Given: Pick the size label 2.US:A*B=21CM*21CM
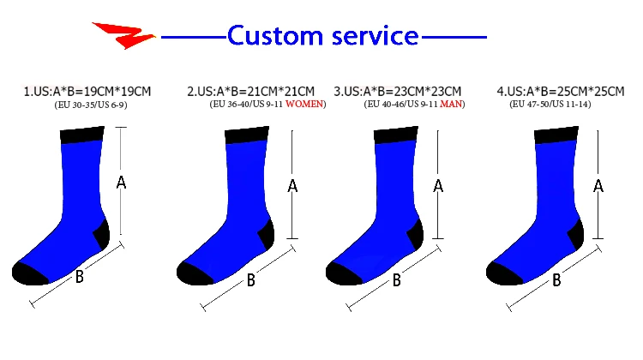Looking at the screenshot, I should (251, 91).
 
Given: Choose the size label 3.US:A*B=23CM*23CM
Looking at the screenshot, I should (398, 91).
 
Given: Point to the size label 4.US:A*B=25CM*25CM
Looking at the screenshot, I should (561, 91).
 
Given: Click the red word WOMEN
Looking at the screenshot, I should (304, 105).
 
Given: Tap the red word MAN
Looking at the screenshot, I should (452, 105).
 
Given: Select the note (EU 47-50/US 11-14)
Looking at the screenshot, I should (550, 105).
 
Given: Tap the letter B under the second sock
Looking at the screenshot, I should (251, 279).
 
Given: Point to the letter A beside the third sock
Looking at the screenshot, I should (438, 185).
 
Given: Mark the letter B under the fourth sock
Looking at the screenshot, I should (556, 279).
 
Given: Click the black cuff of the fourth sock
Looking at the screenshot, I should (556, 135).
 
